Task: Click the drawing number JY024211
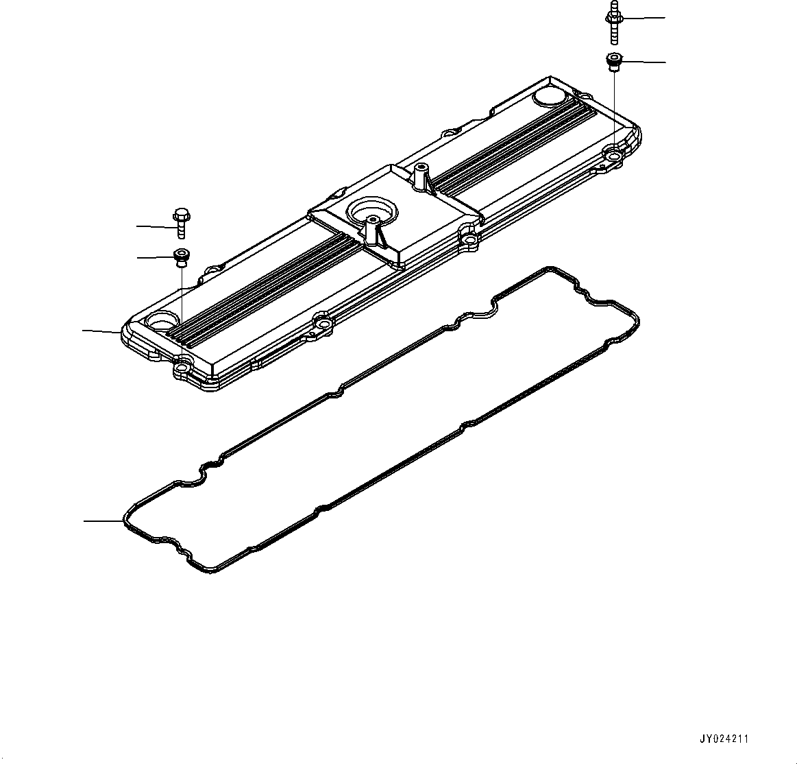[724, 739]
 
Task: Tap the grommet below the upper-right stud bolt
[613, 62]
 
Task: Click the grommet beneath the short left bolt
[181, 257]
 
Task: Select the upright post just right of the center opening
[419, 177]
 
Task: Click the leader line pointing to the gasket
[103, 521]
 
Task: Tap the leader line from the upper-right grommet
[644, 62]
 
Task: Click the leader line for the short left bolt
[154, 225]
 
